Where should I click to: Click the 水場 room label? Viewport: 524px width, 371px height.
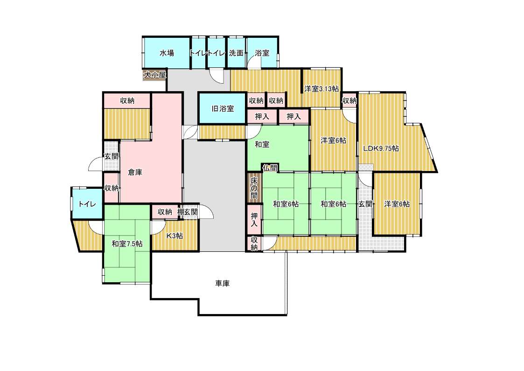coord(167,53)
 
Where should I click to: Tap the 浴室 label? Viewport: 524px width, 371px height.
coord(262,53)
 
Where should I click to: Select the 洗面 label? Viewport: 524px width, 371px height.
coord(236,53)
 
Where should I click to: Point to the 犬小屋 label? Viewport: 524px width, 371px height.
coord(155,75)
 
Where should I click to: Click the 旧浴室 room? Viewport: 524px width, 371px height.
coord(223,108)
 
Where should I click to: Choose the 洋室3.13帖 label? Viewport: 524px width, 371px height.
coord(321,89)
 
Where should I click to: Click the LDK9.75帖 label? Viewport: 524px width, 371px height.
coord(381,148)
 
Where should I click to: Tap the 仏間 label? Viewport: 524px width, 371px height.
coord(270,168)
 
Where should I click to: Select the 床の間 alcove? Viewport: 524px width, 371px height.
coord(254,187)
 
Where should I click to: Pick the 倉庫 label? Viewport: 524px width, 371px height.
coord(135,172)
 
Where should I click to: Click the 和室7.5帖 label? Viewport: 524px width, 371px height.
coord(127,243)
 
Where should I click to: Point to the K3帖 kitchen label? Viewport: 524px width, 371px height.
coord(175,235)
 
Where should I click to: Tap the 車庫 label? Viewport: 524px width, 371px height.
coord(222,284)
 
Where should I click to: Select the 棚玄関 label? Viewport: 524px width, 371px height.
coord(188,212)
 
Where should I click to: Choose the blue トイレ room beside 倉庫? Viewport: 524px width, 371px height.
coord(88,203)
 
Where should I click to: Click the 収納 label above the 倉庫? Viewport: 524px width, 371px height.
coord(127,101)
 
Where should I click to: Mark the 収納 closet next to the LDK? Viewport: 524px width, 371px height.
coord(349,100)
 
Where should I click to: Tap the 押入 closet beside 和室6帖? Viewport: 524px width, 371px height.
coord(254,220)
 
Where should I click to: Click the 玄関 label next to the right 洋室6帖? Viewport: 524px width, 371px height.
coord(365,204)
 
